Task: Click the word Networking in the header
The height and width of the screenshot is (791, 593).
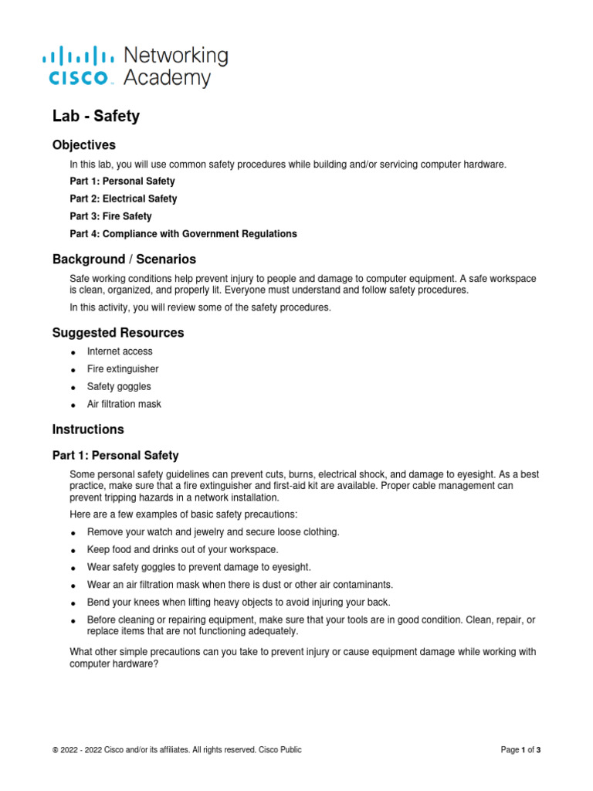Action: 176,56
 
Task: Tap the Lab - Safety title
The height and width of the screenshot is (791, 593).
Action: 96,117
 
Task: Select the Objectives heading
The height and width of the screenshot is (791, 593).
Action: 84,145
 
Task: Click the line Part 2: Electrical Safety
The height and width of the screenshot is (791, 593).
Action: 123,199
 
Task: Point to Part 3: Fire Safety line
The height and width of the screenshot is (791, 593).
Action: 110,216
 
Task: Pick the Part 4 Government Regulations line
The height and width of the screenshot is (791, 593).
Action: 183,234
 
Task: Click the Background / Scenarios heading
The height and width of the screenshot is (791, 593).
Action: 124,259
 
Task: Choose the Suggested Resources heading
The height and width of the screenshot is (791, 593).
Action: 118,333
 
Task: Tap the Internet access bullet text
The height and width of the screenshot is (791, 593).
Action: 120,351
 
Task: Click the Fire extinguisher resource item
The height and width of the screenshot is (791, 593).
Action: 123,369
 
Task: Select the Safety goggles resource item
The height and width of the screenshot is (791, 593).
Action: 119,387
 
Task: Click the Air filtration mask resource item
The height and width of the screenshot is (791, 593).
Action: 124,405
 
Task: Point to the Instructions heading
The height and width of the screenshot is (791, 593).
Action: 88,429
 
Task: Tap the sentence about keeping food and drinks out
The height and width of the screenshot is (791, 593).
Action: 183,549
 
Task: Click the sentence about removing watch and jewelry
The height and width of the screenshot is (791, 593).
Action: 213,532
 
